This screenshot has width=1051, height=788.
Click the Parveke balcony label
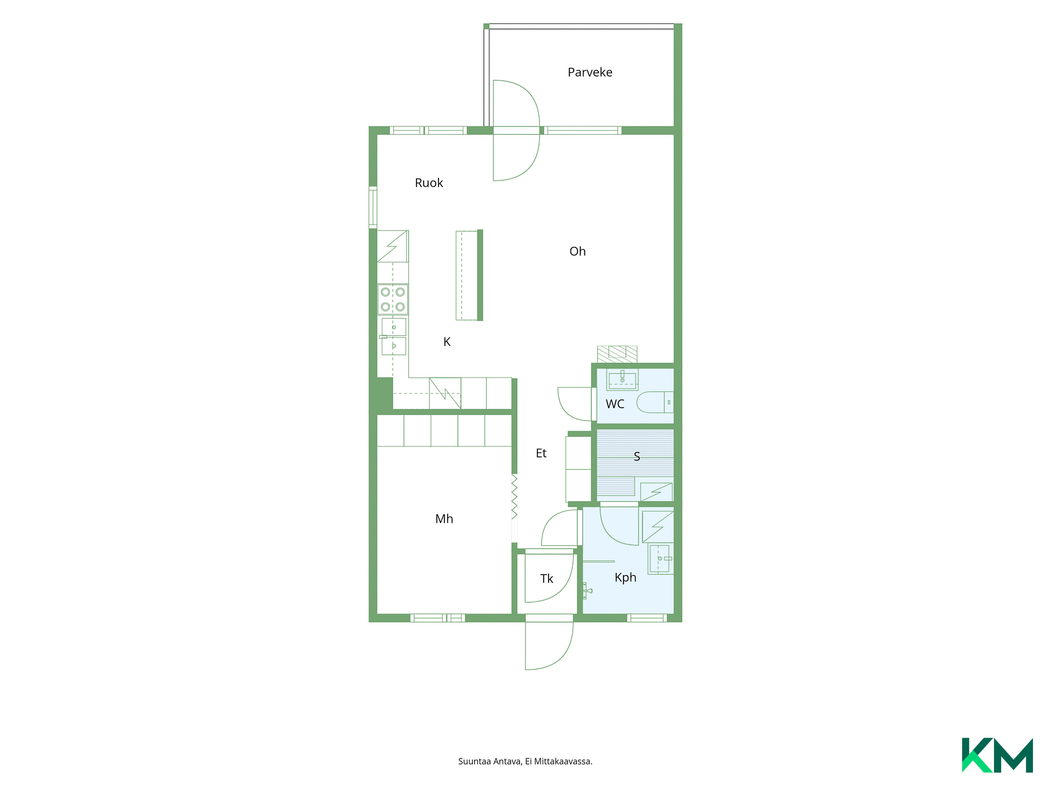point(590,72)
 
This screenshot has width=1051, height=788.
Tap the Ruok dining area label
point(429,183)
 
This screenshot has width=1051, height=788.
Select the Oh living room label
point(578,251)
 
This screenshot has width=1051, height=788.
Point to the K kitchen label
point(447,341)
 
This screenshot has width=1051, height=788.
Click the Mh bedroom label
point(444,519)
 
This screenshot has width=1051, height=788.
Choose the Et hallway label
point(541,453)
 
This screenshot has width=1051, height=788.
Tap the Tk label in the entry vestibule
point(546,578)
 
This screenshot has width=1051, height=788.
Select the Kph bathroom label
point(625,577)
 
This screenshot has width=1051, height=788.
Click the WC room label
point(615,404)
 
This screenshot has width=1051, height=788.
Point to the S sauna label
point(637,456)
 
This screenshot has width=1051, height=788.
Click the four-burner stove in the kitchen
point(392,299)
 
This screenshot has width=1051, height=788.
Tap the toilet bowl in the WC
point(655,402)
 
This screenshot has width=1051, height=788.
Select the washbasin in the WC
point(622,379)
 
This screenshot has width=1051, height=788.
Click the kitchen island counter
point(469,275)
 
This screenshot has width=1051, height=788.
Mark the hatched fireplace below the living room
point(617,354)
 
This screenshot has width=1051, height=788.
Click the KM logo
point(997,755)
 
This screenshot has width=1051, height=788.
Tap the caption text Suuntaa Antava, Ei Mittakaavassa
point(525,761)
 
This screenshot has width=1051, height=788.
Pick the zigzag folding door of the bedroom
point(515,497)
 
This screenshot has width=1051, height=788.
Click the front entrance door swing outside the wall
point(549,646)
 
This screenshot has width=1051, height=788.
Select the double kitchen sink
point(394,337)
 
